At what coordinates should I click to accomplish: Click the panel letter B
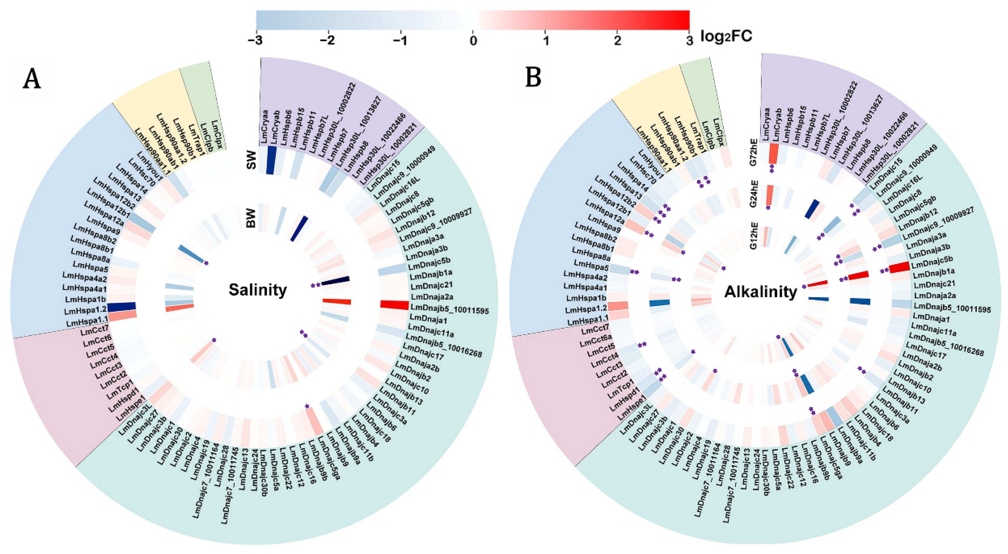[x=533, y=77]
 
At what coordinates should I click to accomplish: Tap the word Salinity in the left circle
[x=257, y=290]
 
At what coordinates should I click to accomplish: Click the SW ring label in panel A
[x=251, y=159]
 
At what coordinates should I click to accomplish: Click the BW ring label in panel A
[x=251, y=218]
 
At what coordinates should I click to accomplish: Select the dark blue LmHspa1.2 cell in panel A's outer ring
[x=121, y=307]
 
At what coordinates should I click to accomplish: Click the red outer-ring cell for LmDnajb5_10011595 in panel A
[x=395, y=304]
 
